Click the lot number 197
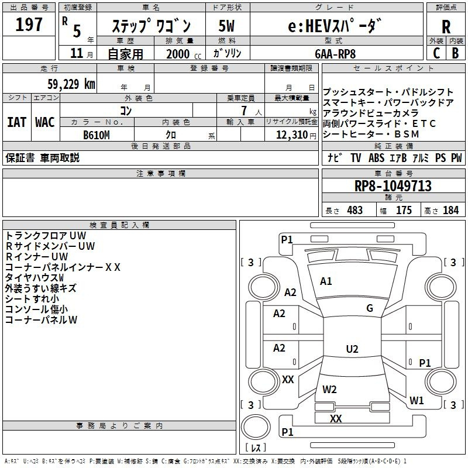pyautogui.click(x=29, y=25)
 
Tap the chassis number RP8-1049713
pyautogui.click(x=393, y=186)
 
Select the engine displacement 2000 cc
pyautogui.click(x=178, y=54)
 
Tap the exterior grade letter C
pyautogui.click(x=436, y=53)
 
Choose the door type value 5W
pyautogui.click(x=227, y=26)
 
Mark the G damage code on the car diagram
pyautogui.click(x=370, y=308)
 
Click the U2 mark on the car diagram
pyautogui.click(x=352, y=349)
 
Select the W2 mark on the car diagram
pyautogui.click(x=329, y=389)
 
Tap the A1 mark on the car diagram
pyautogui.click(x=326, y=281)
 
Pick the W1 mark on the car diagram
pyautogui.click(x=417, y=401)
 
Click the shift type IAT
pyautogui.click(x=16, y=122)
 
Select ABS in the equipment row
pyautogui.click(x=376, y=158)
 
